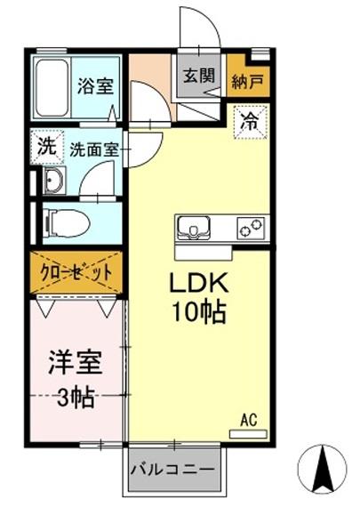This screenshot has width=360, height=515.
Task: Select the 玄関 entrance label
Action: (x=199, y=76)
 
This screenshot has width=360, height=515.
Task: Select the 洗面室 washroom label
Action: (x=93, y=150)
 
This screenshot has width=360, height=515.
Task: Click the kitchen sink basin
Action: (x=193, y=229)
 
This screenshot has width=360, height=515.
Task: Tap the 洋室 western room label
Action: (x=75, y=364)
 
